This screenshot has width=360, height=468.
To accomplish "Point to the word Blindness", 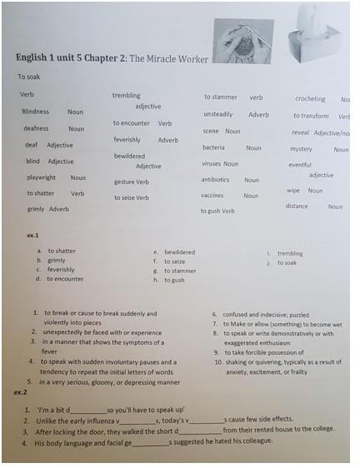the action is [36, 112].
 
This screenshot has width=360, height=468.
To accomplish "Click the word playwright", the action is [42, 177].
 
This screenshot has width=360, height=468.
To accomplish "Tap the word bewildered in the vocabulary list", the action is [129, 156].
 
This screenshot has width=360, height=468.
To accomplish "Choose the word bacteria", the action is [213, 147].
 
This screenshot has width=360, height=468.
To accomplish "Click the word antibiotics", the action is [215, 179].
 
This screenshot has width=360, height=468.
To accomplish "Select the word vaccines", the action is [212, 196].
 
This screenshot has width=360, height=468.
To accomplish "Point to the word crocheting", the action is [310, 99].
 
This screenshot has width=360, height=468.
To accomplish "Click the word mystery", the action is [301, 149].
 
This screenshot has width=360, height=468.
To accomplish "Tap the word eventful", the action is [300, 165].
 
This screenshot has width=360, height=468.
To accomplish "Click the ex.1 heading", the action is [33, 236].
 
